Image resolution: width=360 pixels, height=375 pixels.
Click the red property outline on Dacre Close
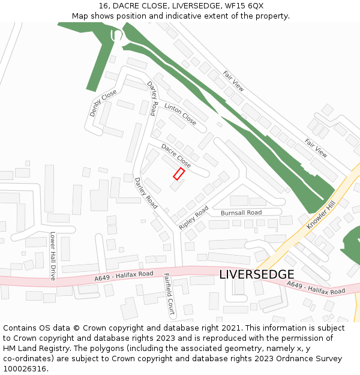179,174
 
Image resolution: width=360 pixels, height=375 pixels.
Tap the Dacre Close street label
176,155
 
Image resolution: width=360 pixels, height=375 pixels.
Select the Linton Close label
180,114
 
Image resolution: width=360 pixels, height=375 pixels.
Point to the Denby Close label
103,103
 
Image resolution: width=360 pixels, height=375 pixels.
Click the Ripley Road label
193,218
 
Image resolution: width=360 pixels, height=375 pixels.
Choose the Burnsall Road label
241,213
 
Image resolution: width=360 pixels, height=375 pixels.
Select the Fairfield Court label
169,294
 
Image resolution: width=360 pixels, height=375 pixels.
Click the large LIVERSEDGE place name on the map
256,274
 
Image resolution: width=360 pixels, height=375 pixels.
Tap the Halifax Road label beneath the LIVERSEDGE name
315,288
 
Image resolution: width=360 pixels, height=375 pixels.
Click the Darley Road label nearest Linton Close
154,99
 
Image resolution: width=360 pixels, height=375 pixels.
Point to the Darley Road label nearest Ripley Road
146,193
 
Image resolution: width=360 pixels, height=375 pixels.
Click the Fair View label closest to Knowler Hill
316,148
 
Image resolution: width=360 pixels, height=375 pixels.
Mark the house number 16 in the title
103,6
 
